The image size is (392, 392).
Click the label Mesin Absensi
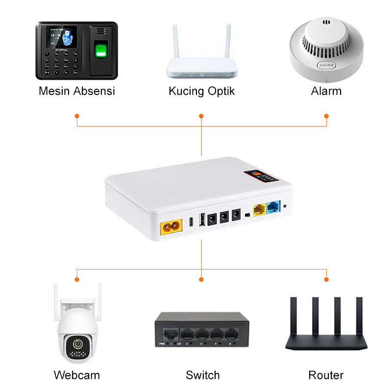click(x=76, y=91)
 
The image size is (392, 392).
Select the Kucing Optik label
click(x=201, y=91)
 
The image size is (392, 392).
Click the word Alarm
click(x=326, y=91)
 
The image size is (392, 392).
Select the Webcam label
click(x=76, y=375)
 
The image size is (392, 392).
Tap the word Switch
click(x=202, y=375)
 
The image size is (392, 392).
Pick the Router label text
click(x=326, y=375)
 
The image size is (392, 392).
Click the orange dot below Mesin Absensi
click(x=77, y=116)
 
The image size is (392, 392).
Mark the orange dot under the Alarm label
click(x=327, y=116)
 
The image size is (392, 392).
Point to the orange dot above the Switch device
click(x=201, y=279)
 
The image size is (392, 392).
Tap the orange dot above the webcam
click(x=77, y=279)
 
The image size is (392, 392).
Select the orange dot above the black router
click(x=326, y=279)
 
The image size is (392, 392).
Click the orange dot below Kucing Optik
click(x=201, y=116)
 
